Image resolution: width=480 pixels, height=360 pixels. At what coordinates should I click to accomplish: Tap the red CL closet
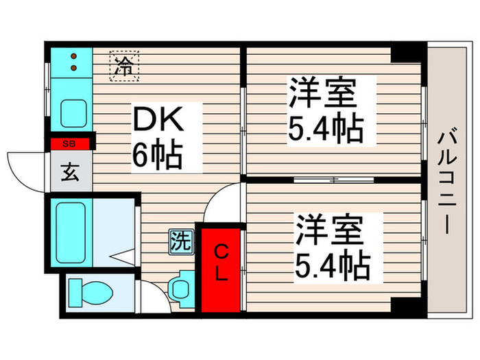click(220, 268)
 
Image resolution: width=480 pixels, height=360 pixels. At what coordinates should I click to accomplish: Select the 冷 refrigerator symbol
click(123, 67)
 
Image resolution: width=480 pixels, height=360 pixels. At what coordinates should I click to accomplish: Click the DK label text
click(157, 122)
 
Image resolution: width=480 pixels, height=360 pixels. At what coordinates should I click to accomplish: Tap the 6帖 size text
click(157, 156)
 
